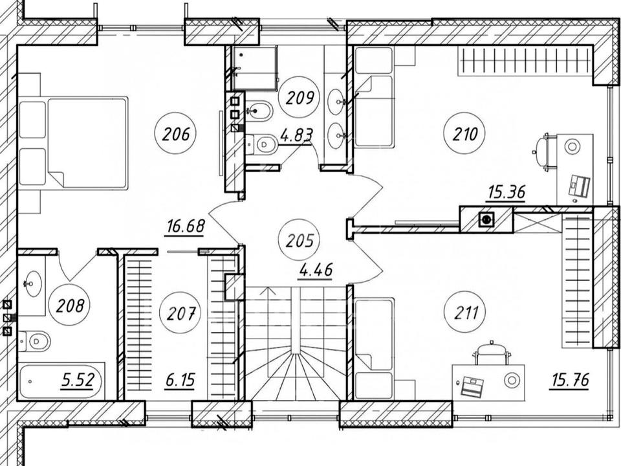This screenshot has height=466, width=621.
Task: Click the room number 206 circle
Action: click(x=176, y=134)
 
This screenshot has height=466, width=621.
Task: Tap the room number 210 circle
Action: click(x=465, y=134)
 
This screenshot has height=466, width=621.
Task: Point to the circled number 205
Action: click(x=300, y=241)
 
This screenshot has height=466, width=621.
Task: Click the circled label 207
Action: click(x=180, y=313)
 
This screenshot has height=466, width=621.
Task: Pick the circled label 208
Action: click(x=70, y=305)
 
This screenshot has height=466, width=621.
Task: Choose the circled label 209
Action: click(x=300, y=97)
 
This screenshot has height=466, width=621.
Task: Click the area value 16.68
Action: click(x=186, y=227)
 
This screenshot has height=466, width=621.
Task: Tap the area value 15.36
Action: click(x=507, y=193)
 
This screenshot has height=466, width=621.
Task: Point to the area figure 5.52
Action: click(x=78, y=381)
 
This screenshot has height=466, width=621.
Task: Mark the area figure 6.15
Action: click(x=180, y=381)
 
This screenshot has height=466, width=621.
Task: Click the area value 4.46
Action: click(x=316, y=271)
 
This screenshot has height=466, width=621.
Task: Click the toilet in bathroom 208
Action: click(x=35, y=341)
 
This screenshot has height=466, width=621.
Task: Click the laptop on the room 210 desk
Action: click(x=580, y=186)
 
